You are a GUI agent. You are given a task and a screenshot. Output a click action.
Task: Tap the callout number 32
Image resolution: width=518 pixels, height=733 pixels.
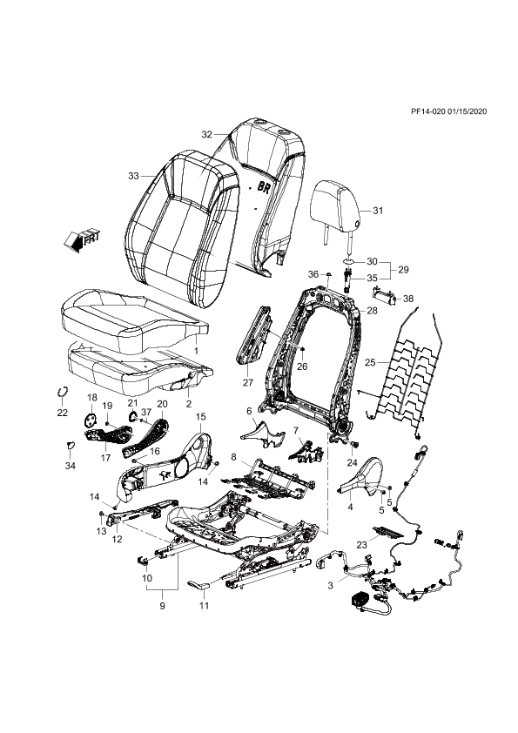click(206, 135)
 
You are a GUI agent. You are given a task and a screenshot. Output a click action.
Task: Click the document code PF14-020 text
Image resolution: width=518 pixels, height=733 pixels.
click(427, 111)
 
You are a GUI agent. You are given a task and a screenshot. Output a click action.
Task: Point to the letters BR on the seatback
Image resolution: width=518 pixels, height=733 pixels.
click(264, 186)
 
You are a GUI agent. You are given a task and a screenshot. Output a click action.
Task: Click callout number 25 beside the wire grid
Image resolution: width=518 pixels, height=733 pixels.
click(370, 362)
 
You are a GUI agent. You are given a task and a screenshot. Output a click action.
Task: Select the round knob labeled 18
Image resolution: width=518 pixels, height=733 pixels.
click(91, 420)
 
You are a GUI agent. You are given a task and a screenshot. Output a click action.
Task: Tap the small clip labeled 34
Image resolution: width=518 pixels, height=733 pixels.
click(70, 445)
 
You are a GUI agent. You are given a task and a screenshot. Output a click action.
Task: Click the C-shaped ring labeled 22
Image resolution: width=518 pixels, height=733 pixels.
click(61, 391)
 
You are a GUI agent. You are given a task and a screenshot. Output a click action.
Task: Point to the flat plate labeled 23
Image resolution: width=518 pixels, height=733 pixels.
click(387, 530)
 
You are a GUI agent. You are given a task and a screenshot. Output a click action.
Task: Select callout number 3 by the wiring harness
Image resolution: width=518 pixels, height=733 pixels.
click(331, 585)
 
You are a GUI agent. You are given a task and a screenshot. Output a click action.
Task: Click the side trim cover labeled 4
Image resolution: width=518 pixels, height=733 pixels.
click(362, 477)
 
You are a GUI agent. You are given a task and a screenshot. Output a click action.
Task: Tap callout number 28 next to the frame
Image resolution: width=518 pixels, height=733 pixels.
click(372, 311)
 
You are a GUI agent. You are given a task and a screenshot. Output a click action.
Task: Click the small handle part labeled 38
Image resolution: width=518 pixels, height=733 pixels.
click(384, 296)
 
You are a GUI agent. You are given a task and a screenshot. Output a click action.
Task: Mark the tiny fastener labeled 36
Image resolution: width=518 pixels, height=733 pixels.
click(327, 272)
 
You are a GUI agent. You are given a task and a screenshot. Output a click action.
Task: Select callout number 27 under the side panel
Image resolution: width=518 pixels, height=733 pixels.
click(248, 382)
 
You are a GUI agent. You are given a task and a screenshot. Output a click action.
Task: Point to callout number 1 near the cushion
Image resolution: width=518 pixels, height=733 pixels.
click(197, 350)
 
